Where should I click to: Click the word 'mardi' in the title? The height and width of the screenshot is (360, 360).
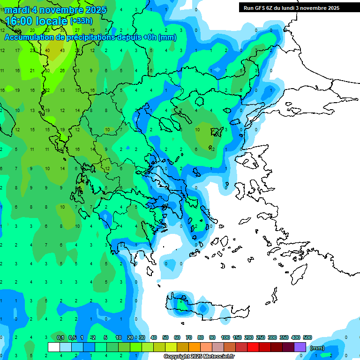pos(17,9)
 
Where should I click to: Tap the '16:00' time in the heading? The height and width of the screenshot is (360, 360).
pos(17,21)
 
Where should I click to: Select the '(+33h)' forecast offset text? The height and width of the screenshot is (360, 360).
pos(81,21)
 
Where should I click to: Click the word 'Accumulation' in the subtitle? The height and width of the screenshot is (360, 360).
pos(29,37)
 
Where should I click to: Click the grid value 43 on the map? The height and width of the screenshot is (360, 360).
pos(63,51)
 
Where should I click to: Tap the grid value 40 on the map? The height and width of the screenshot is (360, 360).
pos(48,51)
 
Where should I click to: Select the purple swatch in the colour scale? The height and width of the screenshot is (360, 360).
pos(300,347)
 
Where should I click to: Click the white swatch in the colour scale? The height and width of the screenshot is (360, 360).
pos(54,347)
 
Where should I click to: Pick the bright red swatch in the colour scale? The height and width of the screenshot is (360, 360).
pos(254,347)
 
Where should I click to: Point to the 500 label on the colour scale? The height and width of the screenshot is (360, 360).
pos(307,337)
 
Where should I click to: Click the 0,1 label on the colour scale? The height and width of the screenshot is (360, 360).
pos(60,337)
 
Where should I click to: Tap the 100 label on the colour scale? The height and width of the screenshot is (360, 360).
pos(225,337)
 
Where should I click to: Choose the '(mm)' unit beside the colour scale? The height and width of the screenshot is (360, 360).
pos(317,348)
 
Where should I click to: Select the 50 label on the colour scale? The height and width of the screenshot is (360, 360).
pos(165,337)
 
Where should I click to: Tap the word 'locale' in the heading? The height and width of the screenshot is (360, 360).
pos(50,21)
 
